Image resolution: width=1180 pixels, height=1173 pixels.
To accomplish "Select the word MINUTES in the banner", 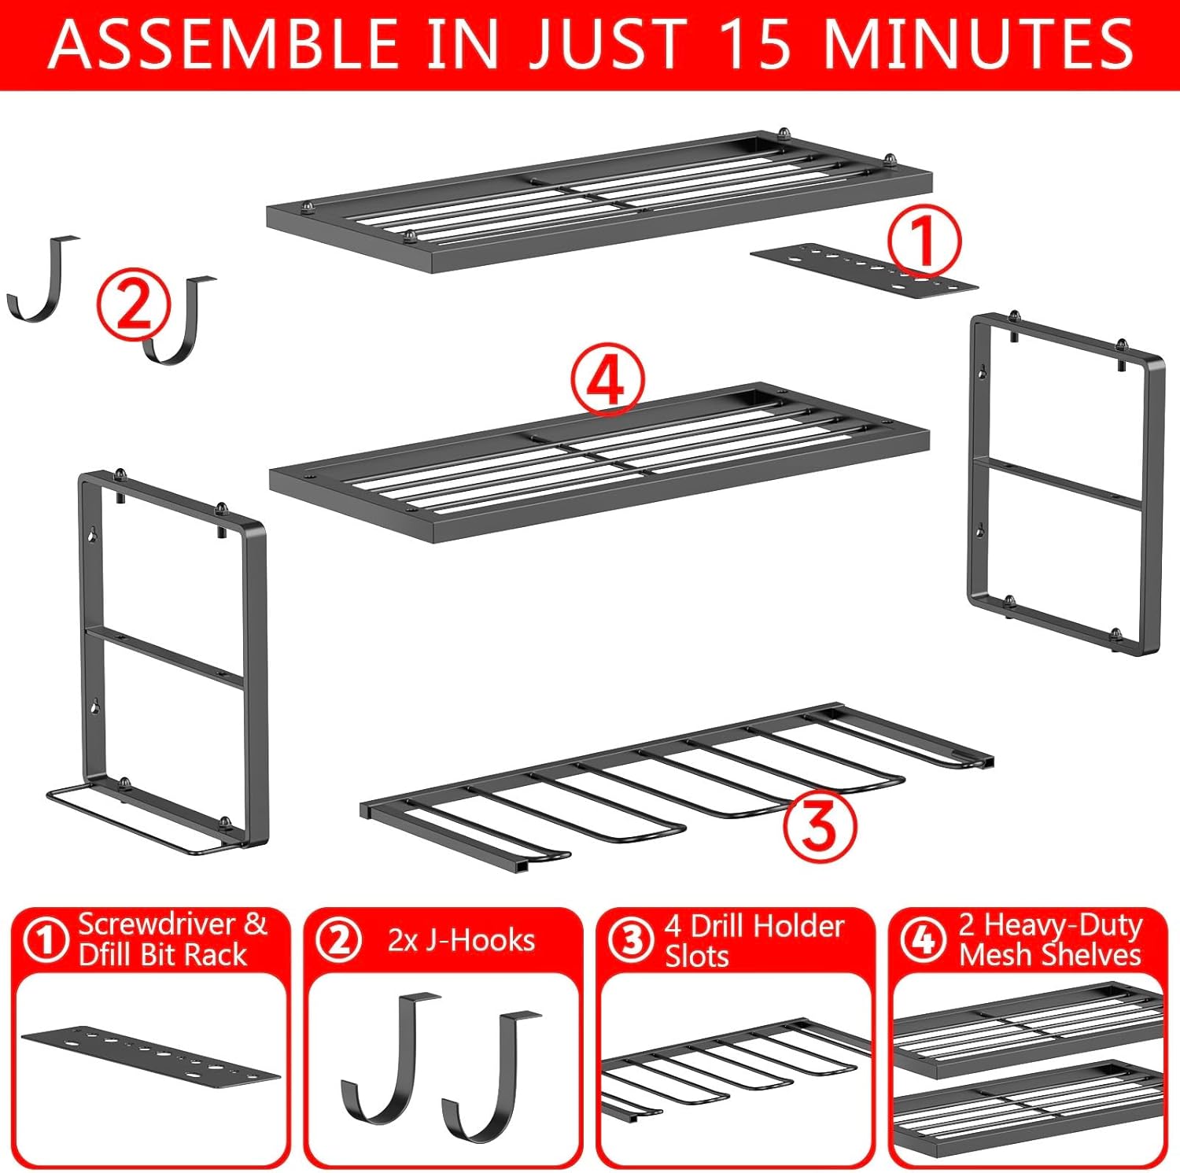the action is coord(978,44).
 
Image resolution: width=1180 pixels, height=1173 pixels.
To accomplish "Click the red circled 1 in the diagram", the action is coord(924,242).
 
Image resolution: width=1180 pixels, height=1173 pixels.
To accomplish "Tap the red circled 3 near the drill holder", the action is coord(819,827).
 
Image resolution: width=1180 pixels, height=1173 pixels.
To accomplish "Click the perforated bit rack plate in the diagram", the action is coord(864,271).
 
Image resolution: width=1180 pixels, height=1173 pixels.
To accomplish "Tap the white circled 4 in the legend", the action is coord(923,940).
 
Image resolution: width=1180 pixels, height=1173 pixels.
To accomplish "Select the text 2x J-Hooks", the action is coord(461,940).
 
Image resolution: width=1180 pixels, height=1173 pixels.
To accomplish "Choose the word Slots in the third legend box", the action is coord(696,957).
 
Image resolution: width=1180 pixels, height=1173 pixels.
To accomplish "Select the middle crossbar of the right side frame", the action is coord(1056,481).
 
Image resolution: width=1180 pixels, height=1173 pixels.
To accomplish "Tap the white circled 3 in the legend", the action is coord(632,940).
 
